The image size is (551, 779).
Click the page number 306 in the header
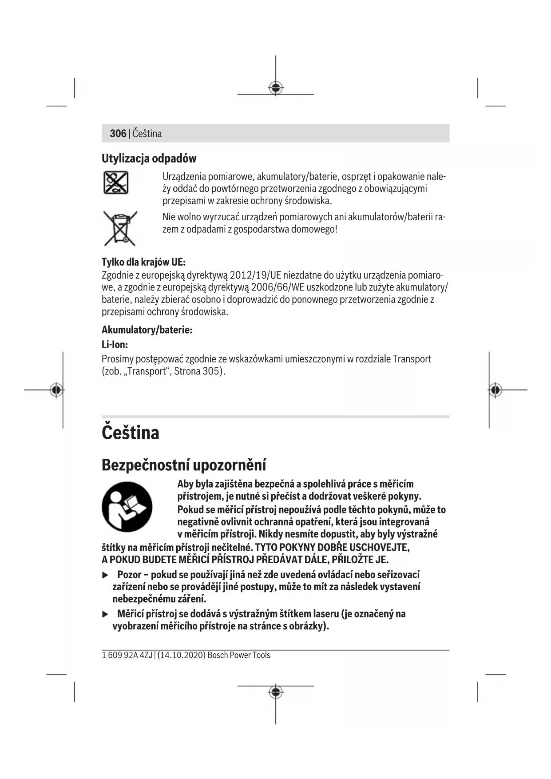(118, 133)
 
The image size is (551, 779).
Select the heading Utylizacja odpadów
(149, 159)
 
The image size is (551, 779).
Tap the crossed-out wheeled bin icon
(120, 228)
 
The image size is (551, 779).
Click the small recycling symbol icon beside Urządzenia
(116, 183)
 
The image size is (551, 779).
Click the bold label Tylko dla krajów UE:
(143, 262)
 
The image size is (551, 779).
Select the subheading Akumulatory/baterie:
(147, 330)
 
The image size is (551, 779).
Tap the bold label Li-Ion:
(115, 345)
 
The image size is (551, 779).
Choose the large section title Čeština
(131, 433)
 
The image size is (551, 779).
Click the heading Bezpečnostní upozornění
(184, 465)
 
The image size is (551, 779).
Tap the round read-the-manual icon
(127, 507)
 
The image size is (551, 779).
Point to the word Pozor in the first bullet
(129, 575)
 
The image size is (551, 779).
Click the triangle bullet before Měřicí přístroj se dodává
(105, 614)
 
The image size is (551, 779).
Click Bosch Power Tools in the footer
(238, 655)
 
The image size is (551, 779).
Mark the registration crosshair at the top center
(276, 88)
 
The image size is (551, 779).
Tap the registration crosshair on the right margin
(495, 390)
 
